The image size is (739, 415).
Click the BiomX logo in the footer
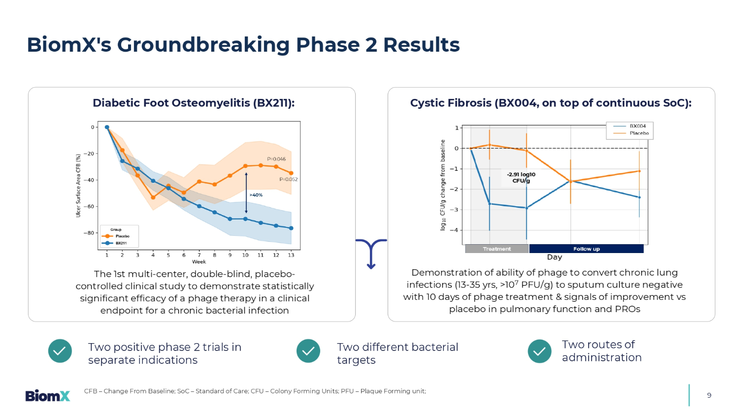tap(48, 395)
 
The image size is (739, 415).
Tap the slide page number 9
tap(709, 395)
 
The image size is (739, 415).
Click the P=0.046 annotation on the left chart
tap(276, 159)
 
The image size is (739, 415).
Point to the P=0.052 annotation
tap(288, 179)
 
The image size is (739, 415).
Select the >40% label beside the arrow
tap(256, 195)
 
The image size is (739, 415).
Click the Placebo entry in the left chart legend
tap(122, 236)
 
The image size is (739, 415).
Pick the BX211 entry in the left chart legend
tap(121, 243)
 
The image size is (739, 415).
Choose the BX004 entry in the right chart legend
tap(638, 126)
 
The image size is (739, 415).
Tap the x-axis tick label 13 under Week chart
tap(291, 255)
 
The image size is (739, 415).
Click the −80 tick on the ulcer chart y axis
tap(89, 233)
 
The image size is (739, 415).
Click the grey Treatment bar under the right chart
tap(497, 249)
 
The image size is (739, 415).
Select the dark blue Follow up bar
tap(586, 249)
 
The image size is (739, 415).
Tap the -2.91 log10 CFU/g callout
tap(521, 177)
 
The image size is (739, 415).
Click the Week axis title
tap(199, 262)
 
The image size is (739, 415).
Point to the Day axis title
tap(554, 257)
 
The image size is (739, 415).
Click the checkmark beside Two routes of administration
tap(539, 351)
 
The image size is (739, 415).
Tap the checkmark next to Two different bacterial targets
tap(308, 351)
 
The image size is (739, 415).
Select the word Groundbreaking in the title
tap(203, 45)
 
